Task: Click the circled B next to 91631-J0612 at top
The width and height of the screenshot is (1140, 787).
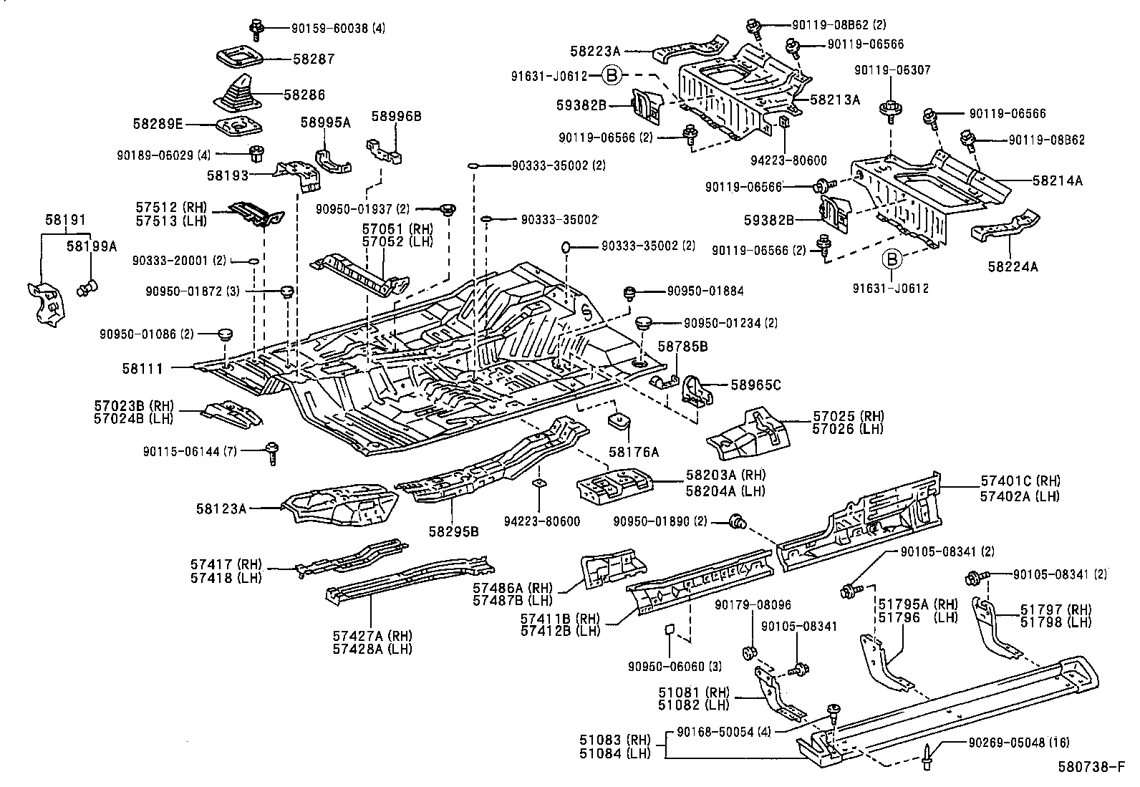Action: point(611,74)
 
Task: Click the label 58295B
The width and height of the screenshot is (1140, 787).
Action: point(453,531)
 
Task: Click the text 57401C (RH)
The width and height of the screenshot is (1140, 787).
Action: point(1020,481)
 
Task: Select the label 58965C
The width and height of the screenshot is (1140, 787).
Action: point(755,385)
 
